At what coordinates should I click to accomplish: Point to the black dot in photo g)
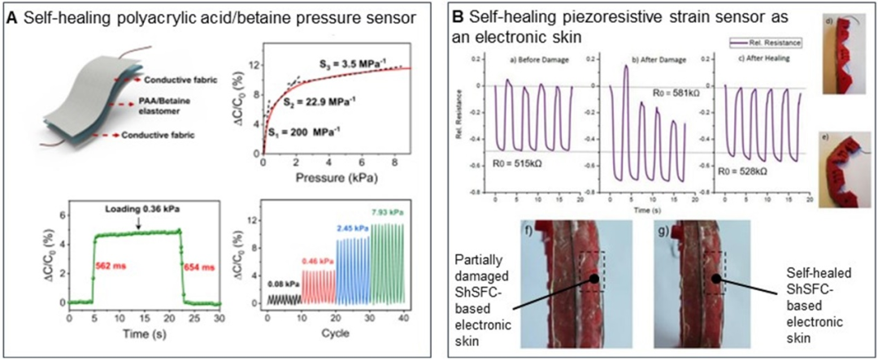pos(715,277)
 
